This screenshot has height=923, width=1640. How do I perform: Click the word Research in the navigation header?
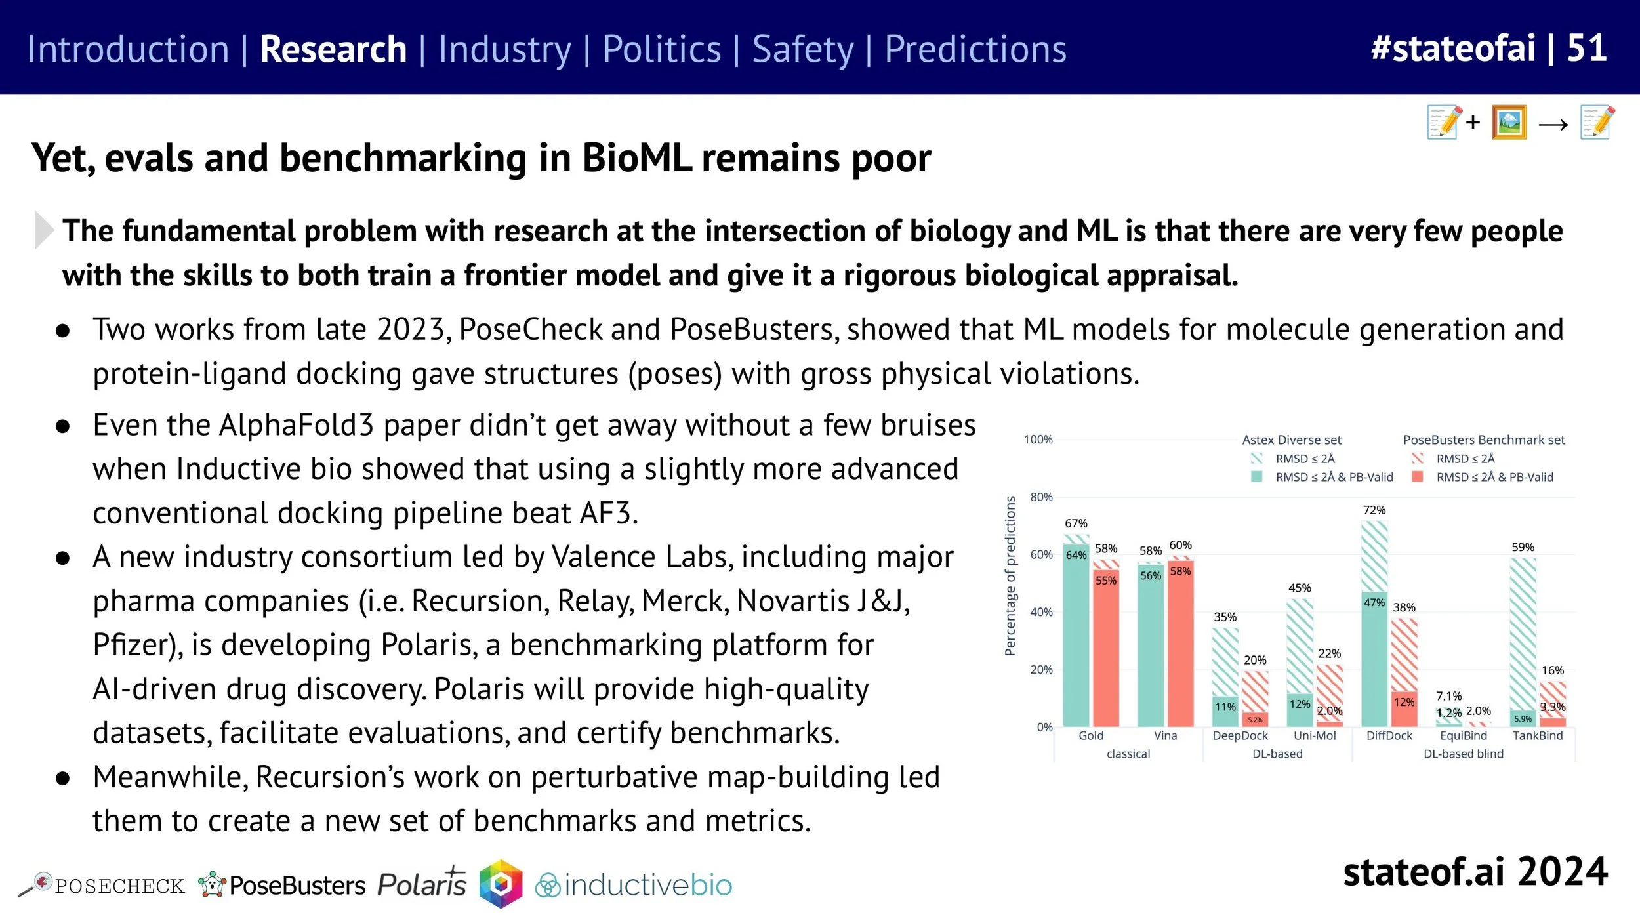tap(333, 49)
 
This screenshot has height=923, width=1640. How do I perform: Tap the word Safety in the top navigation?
tap(802, 49)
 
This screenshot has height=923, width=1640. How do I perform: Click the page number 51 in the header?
tap(1586, 48)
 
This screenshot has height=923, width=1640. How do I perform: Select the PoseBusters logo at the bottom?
tap(282, 886)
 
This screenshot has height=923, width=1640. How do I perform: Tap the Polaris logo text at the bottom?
tap(422, 884)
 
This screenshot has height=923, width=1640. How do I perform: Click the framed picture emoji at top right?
tap(1509, 122)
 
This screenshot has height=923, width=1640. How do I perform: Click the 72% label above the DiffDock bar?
tap(1374, 510)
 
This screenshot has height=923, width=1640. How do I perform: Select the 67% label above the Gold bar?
tap(1076, 523)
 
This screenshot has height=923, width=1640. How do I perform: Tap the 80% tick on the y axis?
tap(1041, 497)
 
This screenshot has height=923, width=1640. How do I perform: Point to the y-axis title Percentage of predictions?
tap(1010, 575)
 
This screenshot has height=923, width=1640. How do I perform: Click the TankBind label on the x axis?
tap(1537, 735)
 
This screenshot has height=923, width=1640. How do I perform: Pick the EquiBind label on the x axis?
tap(1463, 735)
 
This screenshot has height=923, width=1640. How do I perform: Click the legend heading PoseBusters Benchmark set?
tap(1483, 440)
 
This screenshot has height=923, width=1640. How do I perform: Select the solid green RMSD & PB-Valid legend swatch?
tap(1257, 477)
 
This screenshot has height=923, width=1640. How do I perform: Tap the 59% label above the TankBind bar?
tap(1523, 546)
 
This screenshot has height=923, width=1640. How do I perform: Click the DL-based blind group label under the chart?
tap(1463, 754)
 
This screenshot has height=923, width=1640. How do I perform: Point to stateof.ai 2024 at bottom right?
tap(1475, 872)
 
